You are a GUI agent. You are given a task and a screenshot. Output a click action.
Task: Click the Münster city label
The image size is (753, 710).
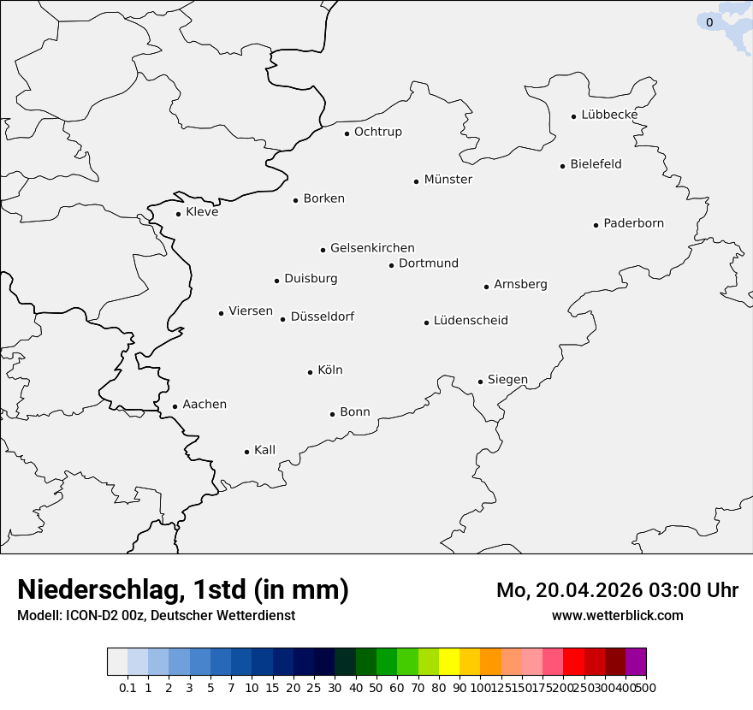tap(448, 180)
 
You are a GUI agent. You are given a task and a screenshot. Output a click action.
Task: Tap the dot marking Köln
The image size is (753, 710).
tap(310, 372)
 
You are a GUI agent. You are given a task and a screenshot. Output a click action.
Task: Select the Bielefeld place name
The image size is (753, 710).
tap(596, 164)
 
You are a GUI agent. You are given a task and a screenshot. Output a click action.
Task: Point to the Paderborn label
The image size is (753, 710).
tap(633, 223)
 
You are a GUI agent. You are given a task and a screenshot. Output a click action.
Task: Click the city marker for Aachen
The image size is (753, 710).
tap(175, 407)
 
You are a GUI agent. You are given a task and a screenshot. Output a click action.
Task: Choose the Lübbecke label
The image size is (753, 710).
tap(609, 115)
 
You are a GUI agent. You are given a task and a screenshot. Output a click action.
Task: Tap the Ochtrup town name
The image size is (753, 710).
tap(377, 132)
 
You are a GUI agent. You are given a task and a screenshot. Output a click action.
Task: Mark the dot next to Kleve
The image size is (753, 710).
tap(178, 214)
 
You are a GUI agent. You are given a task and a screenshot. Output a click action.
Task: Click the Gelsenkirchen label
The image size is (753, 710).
tap(372, 248)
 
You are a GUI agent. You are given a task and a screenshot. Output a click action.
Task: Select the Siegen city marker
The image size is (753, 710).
tap(480, 382)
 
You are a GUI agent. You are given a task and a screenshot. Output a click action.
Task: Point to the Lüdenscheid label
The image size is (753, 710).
tap(471, 321)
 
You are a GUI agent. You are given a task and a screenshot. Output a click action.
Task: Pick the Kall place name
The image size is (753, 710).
tap(264, 450)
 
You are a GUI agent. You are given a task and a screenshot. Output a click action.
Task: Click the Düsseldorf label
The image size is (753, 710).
tap(322, 317)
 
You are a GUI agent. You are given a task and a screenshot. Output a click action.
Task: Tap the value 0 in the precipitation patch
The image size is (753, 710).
tap(709, 23)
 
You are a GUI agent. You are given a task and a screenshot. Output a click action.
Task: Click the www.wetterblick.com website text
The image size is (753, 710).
tap(617, 616)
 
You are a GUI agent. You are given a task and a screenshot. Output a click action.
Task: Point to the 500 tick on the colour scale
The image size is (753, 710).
tap(647, 688)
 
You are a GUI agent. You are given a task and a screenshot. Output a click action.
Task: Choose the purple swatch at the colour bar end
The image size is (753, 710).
tap(636, 662)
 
